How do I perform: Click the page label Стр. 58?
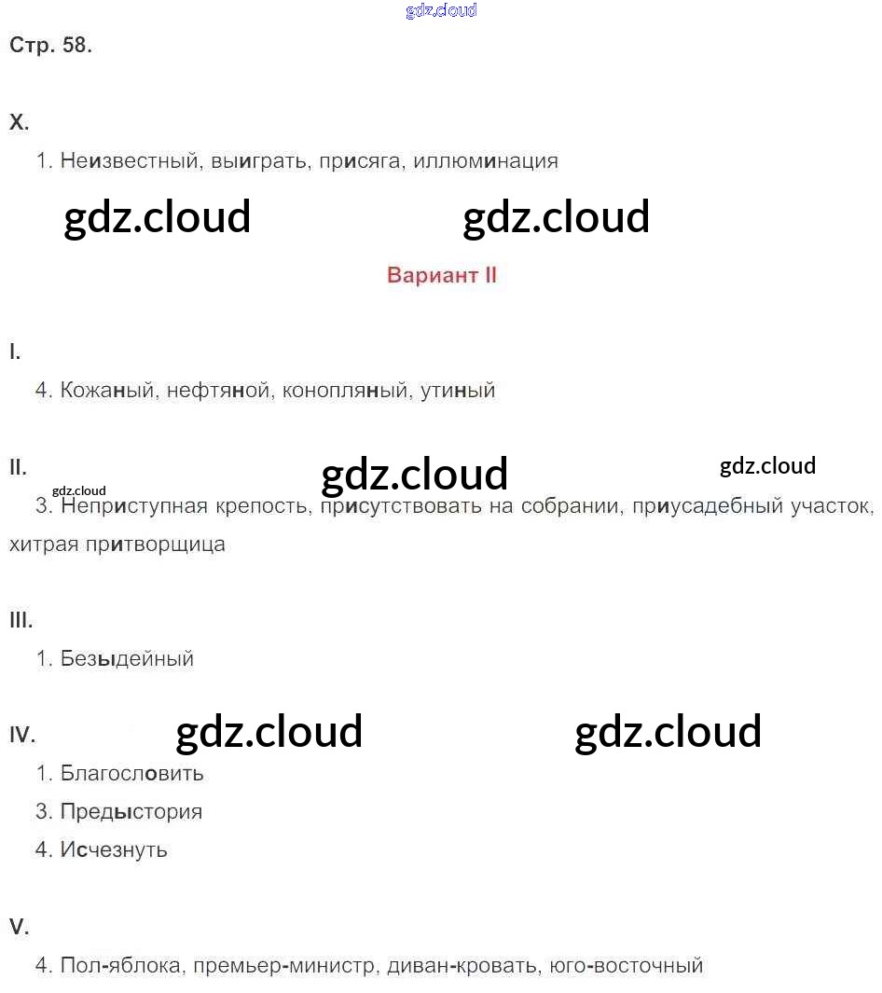50,46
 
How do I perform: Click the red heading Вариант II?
442,275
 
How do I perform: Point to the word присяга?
359,161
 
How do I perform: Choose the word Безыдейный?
127,659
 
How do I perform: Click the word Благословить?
131,774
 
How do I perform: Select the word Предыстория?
131,812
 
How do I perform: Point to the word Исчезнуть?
114,850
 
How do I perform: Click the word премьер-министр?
284,966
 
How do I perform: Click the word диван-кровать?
462,966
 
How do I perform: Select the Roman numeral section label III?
21,620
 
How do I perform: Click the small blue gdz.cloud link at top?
441,10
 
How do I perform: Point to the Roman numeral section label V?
19,927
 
